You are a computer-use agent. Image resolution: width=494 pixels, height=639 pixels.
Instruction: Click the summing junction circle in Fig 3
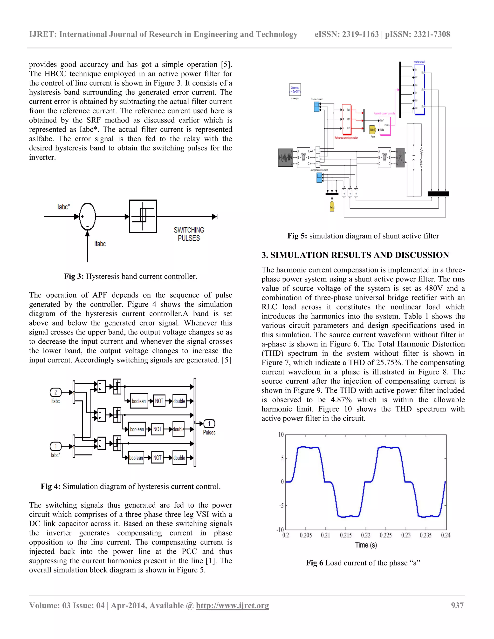(87, 217)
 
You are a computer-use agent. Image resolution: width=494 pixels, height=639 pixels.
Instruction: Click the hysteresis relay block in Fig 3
(143, 216)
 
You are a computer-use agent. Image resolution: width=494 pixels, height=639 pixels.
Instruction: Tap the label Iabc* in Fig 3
(64, 207)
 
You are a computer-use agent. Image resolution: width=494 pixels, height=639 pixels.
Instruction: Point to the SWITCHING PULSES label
(189, 234)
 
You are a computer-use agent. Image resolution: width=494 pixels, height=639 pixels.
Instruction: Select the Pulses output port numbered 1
(209, 424)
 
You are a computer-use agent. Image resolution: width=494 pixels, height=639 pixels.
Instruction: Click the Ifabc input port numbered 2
(56, 392)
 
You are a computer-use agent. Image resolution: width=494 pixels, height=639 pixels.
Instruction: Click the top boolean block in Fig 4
(139, 401)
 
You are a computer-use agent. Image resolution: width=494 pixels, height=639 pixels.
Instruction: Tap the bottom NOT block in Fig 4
(158, 458)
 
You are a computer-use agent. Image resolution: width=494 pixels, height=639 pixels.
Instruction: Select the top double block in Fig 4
(179, 401)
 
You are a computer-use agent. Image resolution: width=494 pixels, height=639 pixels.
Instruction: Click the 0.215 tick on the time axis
(346, 535)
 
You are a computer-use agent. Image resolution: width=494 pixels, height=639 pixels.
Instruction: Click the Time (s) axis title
(366, 545)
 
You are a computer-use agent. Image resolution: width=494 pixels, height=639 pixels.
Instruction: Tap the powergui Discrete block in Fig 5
(295, 89)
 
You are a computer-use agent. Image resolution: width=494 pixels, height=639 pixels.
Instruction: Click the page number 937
(457, 605)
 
